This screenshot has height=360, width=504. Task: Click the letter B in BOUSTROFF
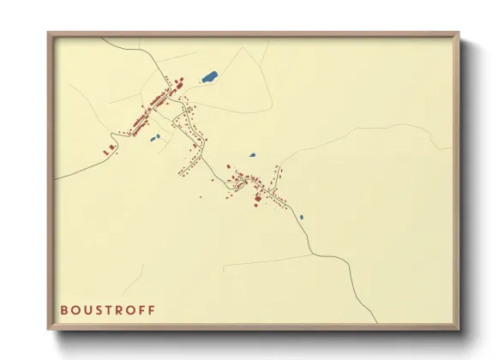pyautogui.click(x=63, y=309)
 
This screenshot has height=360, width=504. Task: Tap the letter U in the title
pyautogui.click(x=89, y=309)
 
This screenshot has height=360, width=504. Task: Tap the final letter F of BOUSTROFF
pyautogui.click(x=153, y=309)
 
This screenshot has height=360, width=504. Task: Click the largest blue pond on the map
pyautogui.click(x=208, y=77)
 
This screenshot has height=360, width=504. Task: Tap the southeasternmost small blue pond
pyautogui.click(x=302, y=217)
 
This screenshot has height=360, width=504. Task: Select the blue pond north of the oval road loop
pyautogui.click(x=253, y=156)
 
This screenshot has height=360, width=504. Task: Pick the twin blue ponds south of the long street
pyautogui.click(x=155, y=137)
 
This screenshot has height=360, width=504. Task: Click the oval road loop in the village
pyautogui.click(x=241, y=182)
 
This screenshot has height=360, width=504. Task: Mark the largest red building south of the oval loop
pyautogui.click(x=257, y=198)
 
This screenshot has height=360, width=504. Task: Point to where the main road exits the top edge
pyautogui.click(x=102, y=39)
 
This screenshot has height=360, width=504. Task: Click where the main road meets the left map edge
pyautogui.click(x=57, y=178)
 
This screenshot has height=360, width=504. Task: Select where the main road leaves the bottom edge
pyautogui.click(x=375, y=323)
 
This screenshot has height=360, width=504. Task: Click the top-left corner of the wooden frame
pyautogui.click(x=49, y=33)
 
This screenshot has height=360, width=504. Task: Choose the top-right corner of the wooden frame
pyautogui.click(x=459, y=33)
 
